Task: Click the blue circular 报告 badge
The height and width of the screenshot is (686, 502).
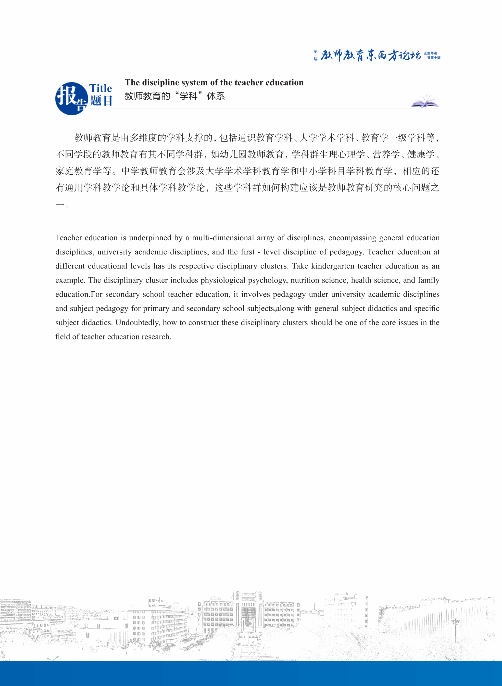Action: click(x=71, y=99)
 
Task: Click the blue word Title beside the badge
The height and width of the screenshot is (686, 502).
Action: click(x=100, y=89)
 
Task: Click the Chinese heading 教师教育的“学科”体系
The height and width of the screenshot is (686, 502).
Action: click(x=175, y=96)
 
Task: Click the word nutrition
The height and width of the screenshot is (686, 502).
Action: click(x=304, y=280)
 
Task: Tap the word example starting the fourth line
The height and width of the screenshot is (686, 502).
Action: click(x=70, y=280)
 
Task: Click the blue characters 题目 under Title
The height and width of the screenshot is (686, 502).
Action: click(x=101, y=101)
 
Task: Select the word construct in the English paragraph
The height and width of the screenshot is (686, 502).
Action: click(x=204, y=323)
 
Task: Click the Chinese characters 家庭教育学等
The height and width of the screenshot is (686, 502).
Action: click(x=83, y=171)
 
